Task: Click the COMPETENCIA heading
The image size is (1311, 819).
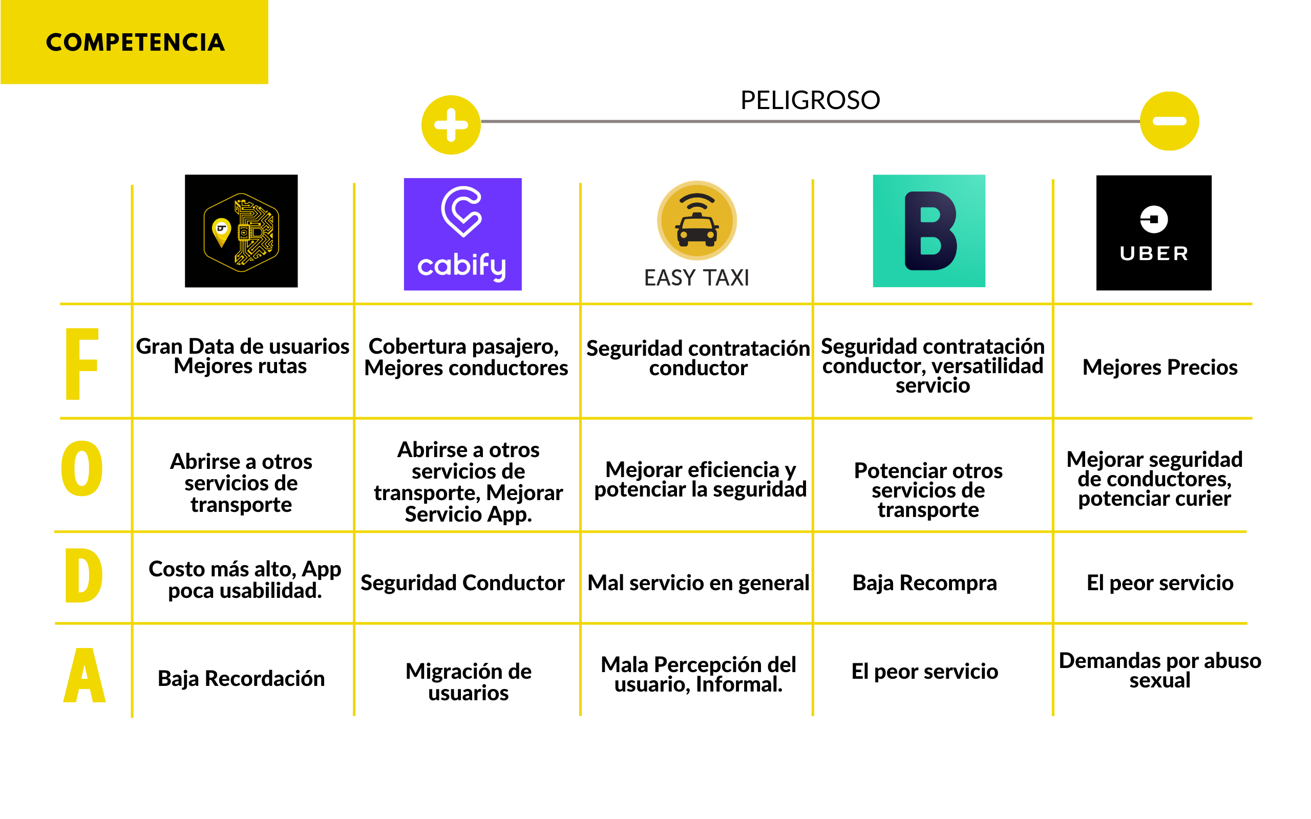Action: tap(135, 42)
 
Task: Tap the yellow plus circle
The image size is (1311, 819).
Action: tap(451, 125)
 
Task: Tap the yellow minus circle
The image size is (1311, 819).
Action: tap(1169, 121)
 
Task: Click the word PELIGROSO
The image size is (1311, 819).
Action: tap(810, 100)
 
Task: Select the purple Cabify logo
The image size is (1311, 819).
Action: tap(462, 234)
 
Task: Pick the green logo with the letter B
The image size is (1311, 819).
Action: tap(928, 231)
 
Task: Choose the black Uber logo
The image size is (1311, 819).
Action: tap(1153, 232)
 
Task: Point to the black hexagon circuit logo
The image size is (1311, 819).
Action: tap(241, 231)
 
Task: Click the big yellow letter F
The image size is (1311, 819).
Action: tap(81, 363)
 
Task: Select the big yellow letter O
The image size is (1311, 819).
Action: tap(82, 468)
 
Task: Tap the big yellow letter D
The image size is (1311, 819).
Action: tap(83, 575)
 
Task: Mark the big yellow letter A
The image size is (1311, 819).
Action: tap(84, 676)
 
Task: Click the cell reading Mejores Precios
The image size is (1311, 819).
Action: tap(1160, 367)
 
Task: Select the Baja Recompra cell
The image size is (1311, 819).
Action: tap(925, 583)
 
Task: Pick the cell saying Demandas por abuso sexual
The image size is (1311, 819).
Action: tap(1160, 670)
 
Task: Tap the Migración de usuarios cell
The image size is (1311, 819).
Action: tap(468, 681)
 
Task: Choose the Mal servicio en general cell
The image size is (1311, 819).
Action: tap(699, 583)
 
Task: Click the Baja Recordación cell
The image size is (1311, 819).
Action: tap(241, 678)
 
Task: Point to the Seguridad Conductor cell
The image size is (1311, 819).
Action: tap(462, 583)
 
